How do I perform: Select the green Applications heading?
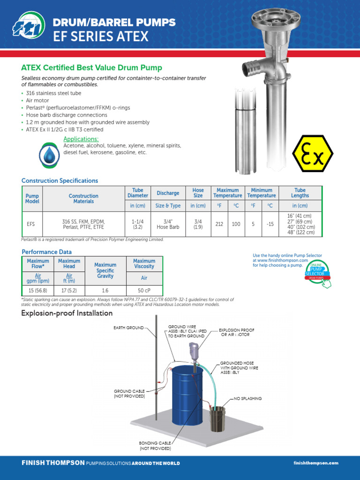click(81, 139)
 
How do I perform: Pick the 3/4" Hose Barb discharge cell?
click(168, 224)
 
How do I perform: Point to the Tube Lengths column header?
click(300, 193)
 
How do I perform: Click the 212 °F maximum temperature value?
click(219, 224)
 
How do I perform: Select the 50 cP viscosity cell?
click(144, 291)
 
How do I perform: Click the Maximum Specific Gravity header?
click(105, 270)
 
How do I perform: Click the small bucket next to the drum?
click(217, 419)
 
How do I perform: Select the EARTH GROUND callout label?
click(128, 328)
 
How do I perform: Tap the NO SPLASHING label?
click(247, 398)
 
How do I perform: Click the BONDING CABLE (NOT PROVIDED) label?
click(155, 445)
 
